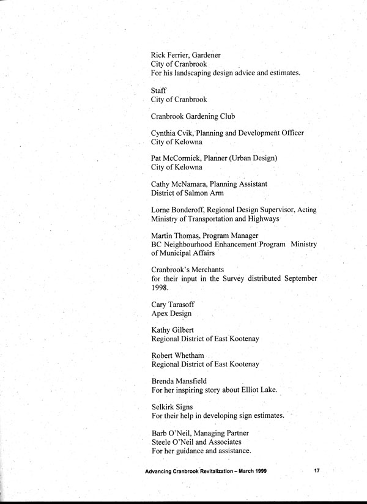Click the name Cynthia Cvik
[175, 133]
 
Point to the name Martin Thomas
[178, 236]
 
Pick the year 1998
[160, 287]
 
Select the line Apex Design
[171, 314]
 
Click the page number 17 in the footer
[317, 471]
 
